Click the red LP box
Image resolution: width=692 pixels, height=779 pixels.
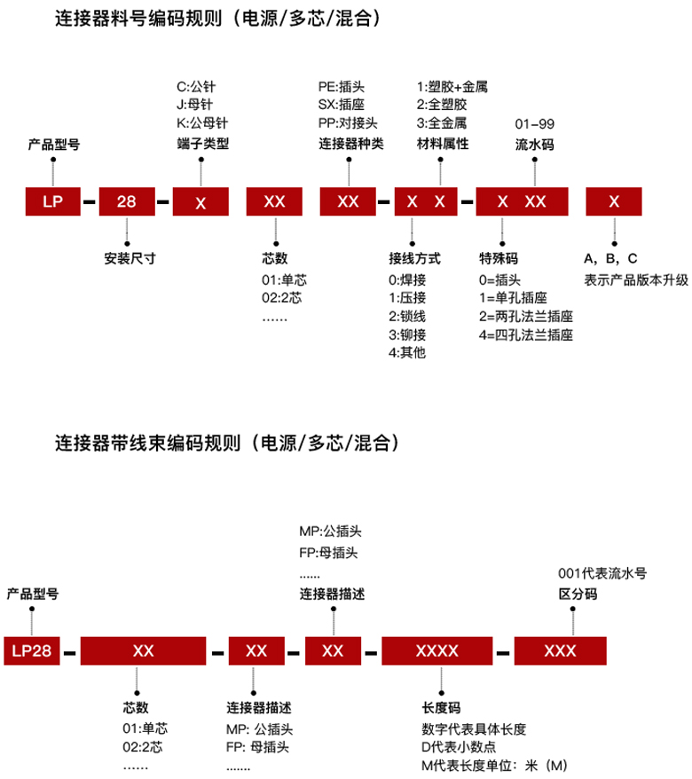(52, 201)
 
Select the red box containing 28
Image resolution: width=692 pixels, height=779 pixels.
(127, 201)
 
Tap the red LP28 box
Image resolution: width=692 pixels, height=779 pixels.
(31, 650)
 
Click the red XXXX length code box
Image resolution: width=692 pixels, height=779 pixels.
(436, 650)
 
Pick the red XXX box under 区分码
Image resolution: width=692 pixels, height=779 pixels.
(560, 650)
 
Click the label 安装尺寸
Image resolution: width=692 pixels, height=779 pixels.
(130, 260)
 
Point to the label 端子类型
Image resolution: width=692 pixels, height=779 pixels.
(203, 144)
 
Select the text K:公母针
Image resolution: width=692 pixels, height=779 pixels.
(203, 122)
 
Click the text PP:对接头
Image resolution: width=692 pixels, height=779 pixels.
(349, 122)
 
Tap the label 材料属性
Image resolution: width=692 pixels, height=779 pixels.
(443, 144)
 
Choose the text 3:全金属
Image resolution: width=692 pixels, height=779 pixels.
(442, 122)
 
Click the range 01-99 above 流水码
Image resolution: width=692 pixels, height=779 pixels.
(534, 122)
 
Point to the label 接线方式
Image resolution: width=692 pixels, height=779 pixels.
(414, 259)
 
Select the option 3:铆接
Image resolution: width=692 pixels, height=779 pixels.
(408, 334)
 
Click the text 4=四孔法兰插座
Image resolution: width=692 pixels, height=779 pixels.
(525, 334)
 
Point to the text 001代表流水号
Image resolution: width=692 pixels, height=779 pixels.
(602, 573)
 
